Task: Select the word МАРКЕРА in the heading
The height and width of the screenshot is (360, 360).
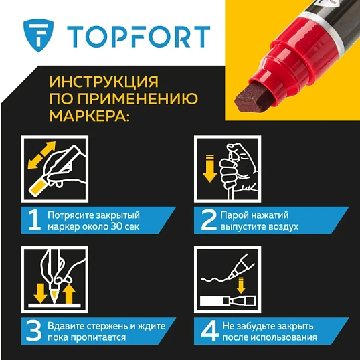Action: [x=86, y=118]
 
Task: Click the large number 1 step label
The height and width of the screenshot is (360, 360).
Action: [x=32, y=221]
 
